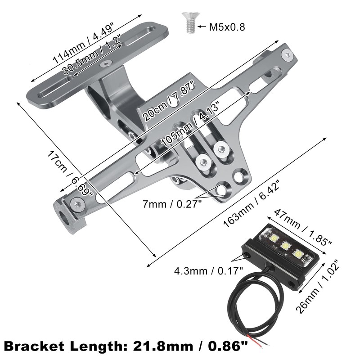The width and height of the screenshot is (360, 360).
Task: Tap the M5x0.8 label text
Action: (x=227, y=27)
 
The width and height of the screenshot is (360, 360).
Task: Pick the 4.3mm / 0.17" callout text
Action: (x=209, y=270)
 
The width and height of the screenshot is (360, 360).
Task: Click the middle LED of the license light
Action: (x=284, y=246)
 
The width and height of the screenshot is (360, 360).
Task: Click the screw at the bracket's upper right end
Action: (x=287, y=55)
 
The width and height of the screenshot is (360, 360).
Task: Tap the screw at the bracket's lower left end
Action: (x=78, y=206)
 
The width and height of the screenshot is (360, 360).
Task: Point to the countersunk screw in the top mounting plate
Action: (x=104, y=64)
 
